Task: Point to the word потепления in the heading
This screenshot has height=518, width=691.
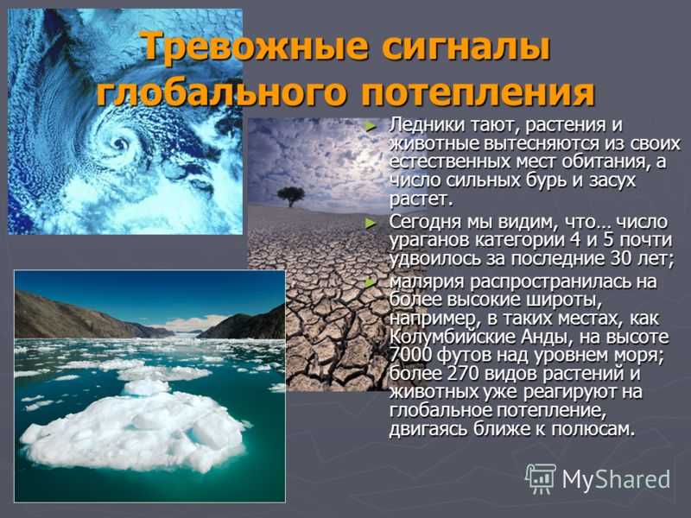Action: [x=478, y=93]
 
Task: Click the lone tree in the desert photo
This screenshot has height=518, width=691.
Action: [x=291, y=196]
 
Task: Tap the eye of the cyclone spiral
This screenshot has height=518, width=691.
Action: [x=119, y=142]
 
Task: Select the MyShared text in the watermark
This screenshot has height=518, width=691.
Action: [x=616, y=479]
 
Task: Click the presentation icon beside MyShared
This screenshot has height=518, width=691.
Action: [x=541, y=478]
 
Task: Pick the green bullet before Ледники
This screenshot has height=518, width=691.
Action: [x=371, y=127]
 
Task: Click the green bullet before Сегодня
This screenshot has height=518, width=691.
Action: [x=371, y=224]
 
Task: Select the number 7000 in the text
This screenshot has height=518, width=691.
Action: [x=408, y=355]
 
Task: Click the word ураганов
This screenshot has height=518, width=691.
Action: [x=429, y=242]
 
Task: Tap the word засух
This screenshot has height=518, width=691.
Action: [x=613, y=180]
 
